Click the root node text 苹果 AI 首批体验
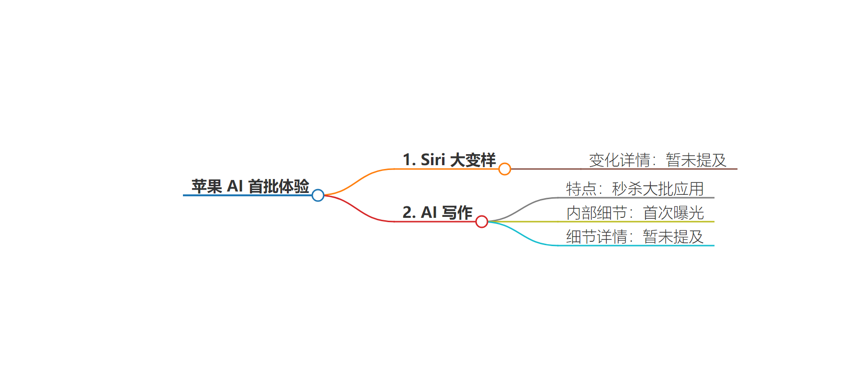pos(250,186)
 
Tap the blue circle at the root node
pos(318,195)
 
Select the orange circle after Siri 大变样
pos(505,169)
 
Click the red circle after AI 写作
pos(482,222)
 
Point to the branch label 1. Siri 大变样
pos(449,160)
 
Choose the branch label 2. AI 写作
pos(437,213)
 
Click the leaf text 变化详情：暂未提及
pos(658,160)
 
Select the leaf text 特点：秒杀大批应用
pos(635,189)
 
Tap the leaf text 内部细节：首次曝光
pos(635,213)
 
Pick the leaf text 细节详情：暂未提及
pos(635,237)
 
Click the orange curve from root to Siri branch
pos(359,179)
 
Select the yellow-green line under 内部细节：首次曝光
pos(601,222)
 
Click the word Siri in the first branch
pos(433,160)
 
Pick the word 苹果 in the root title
pos(206,186)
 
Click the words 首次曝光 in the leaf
pos(673,213)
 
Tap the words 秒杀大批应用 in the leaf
pos(658,189)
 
